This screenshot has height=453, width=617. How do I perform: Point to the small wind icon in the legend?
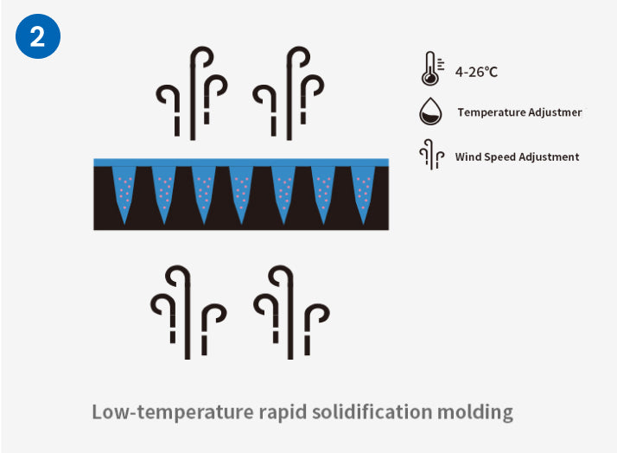[429, 156]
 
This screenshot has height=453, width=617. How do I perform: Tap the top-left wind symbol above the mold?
[191, 92]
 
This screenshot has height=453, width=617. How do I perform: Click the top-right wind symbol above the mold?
[289, 92]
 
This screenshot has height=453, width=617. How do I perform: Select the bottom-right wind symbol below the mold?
[291, 311]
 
